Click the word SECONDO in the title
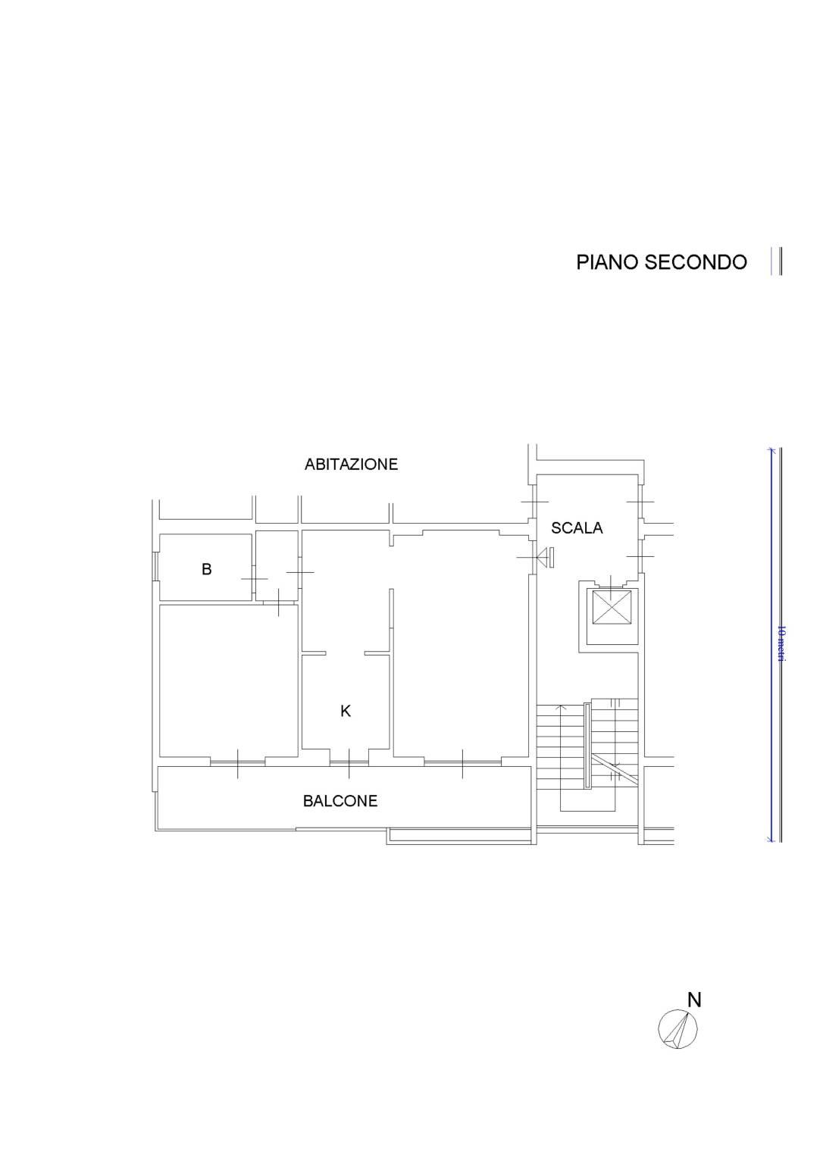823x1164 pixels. (696, 262)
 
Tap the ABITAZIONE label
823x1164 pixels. (351, 464)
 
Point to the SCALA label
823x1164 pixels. (577, 528)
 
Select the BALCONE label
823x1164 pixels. (340, 801)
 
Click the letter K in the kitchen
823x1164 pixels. (346, 711)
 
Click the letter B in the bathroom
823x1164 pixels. (207, 570)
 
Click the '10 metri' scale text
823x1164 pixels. (781, 644)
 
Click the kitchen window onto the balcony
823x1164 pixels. (349, 763)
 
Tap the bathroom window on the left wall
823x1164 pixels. (155, 565)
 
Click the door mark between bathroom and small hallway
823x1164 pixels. (254, 578)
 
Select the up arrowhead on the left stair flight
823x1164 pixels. (561, 707)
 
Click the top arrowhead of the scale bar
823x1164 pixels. (771, 451)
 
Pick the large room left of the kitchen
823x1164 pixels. (229, 681)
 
